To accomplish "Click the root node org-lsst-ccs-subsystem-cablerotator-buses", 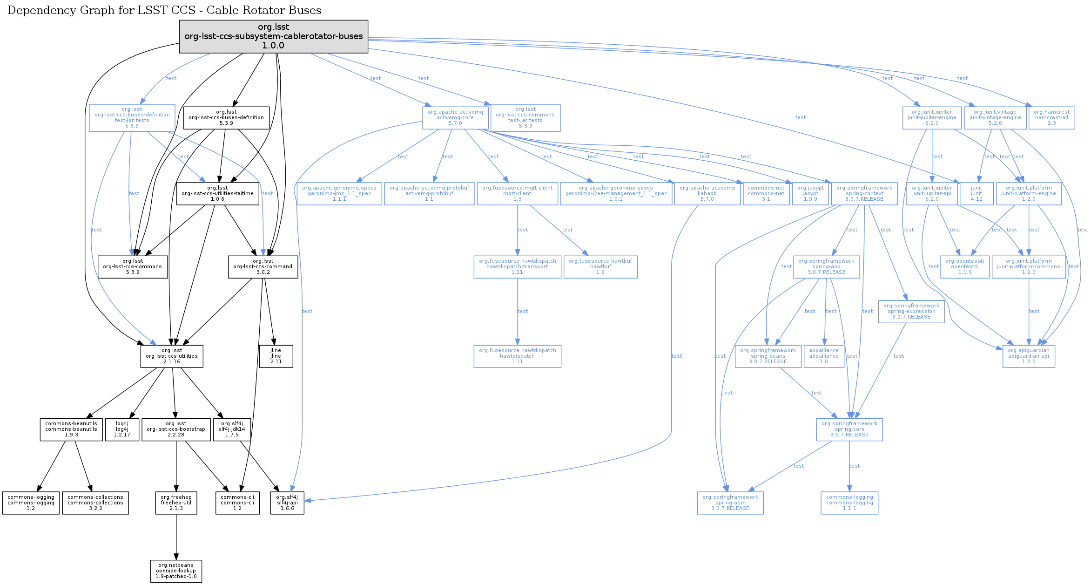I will point(273,36).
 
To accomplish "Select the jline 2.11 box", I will point(276,356).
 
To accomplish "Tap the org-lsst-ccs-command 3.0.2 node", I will point(263,267).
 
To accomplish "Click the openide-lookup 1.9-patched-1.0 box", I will point(176,571).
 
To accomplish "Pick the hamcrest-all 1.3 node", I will point(1051,118).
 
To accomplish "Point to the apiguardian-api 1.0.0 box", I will point(1029,356).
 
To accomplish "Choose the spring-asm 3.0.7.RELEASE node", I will point(730,503).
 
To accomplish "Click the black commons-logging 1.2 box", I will point(31,503).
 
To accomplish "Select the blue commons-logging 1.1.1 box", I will point(849,503).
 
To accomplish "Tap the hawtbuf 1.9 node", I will point(600,267).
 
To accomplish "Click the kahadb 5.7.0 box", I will point(707,194).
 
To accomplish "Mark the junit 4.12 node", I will point(977,194).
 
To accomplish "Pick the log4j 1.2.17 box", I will point(122,429).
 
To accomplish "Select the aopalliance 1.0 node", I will point(824,356).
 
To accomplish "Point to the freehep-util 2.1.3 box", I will point(176,503).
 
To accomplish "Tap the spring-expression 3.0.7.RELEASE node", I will point(911,312).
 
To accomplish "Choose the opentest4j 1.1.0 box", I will point(965,267).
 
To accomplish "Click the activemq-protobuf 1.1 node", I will point(429,194).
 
